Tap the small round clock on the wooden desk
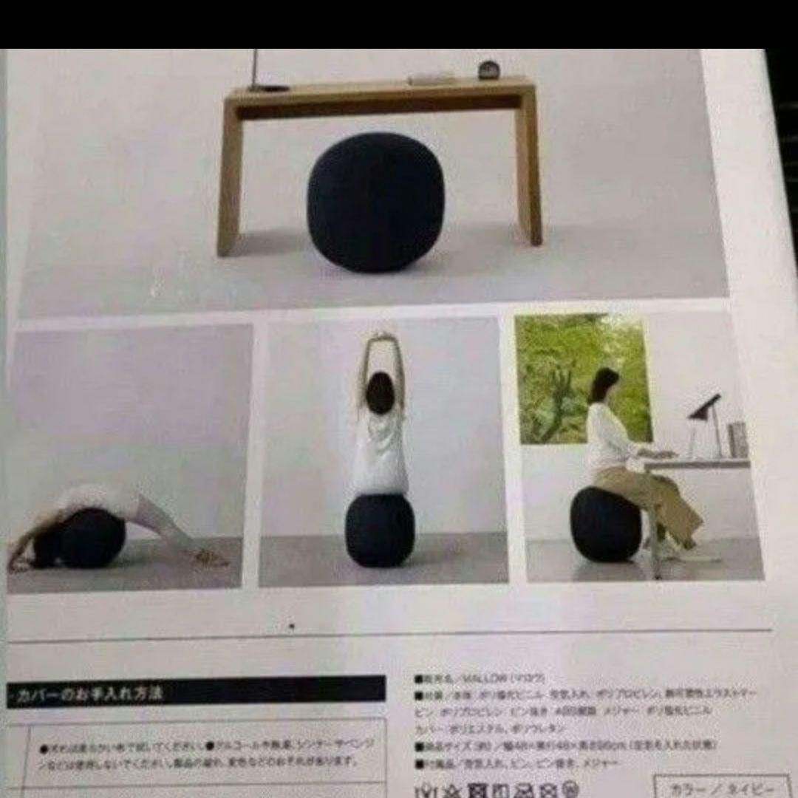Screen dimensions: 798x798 (x=488, y=70)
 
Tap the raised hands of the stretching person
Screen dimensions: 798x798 (x=382, y=341)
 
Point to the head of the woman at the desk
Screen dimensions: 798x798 (x=603, y=385)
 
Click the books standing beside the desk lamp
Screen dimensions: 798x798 (x=737, y=440)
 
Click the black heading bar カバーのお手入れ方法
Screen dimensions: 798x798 (x=196, y=693)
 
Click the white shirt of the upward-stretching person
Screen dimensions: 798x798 (x=379, y=451)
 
